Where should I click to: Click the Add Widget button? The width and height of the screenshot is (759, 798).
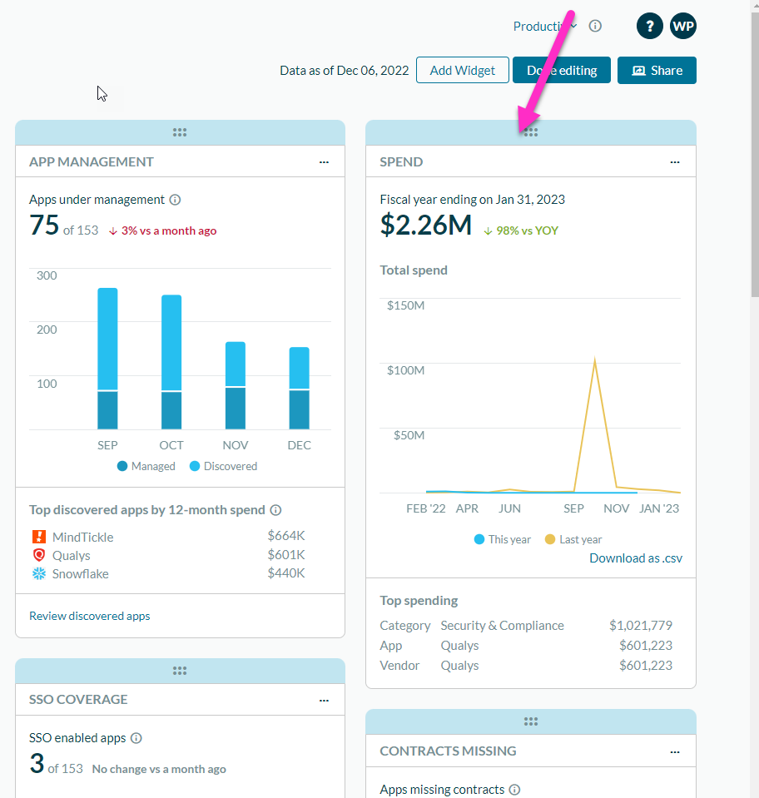pyautogui.click(x=462, y=71)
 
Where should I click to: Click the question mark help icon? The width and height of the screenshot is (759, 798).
pyautogui.click(x=649, y=26)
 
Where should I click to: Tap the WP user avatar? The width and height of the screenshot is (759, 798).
pyautogui.click(x=683, y=26)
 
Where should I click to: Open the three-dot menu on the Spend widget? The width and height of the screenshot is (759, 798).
pyautogui.click(x=675, y=162)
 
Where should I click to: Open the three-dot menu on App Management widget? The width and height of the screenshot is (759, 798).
pyautogui.click(x=324, y=162)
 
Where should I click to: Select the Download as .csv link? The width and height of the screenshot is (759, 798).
pyautogui.click(x=636, y=558)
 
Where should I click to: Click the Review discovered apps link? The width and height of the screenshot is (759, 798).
pyautogui.click(x=90, y=616)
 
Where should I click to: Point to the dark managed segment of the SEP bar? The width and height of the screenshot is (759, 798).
pyautogui.click(x=107, y=409)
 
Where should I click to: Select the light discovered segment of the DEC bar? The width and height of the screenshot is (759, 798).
pyautogui.click(x=300, y=368)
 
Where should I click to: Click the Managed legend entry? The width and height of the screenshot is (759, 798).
pyautogui.click(x=146, y=466)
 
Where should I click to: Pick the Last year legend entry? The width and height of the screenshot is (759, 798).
pyautogui.click(x=573, y=539)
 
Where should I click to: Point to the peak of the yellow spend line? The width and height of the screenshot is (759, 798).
pyautogui.click(x=594, y=359)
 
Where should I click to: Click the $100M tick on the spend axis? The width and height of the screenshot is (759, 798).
pyautogui.click(x=405, y=369)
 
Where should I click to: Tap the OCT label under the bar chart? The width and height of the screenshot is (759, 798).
pyautogui.click(x=171, y=445)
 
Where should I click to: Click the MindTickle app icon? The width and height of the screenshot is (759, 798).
pyautogui.click(x=38, y=537)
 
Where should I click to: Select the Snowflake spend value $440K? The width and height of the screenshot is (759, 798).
pyautogui.click(x=286, y=573)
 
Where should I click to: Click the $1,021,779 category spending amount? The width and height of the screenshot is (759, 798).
pyautogui.click(x=641, y=626)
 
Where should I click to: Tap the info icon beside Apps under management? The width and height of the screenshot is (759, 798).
pyautogui.click(x=175, y=200)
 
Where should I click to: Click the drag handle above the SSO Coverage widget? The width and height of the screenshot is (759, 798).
pyautogui.click(x=180, y=671)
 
